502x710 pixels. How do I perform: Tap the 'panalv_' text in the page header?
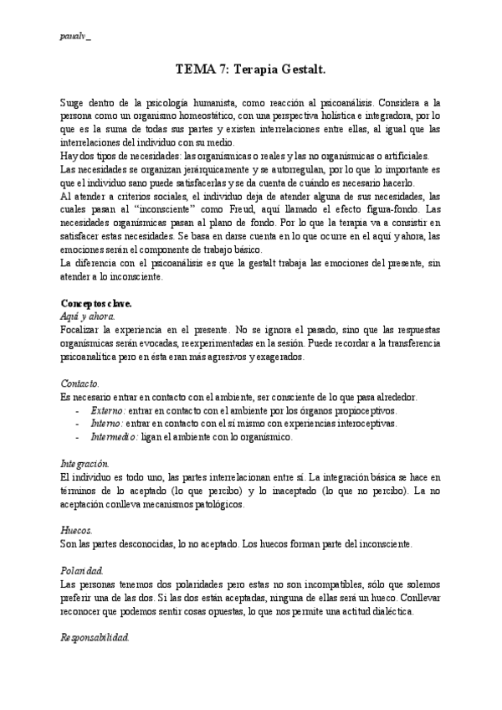pos(76,38)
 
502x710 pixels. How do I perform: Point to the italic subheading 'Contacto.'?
pos(81,382)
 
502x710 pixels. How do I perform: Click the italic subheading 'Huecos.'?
pos(78,530)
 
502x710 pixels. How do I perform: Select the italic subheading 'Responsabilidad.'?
pos(95,637)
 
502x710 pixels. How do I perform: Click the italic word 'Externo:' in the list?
pos(108,410)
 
